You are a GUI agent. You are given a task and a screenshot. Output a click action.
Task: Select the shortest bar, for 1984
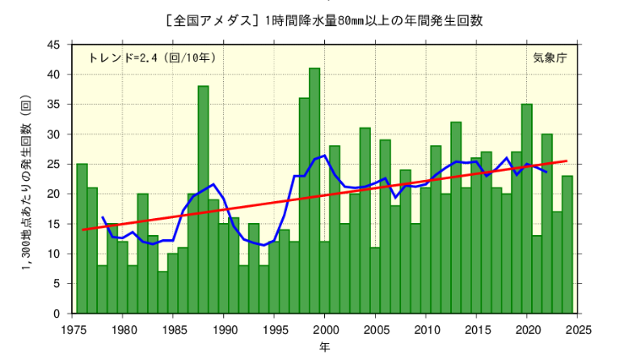pos(163,292)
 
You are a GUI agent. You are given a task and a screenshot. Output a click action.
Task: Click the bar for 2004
pos(365,221)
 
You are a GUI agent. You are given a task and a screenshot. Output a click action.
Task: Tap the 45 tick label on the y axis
pos(53,45)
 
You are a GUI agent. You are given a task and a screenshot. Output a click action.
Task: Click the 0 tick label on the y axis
pos(57,314)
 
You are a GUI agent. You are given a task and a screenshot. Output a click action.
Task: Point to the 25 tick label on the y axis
pos(53,164)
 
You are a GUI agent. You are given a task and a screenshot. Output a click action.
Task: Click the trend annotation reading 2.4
pos(142,58)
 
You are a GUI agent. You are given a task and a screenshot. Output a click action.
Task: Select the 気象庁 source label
pos(550,58)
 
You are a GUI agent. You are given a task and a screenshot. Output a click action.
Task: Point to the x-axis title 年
pos(325,346)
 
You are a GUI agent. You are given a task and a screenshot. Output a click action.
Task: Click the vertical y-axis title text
pos(26,177)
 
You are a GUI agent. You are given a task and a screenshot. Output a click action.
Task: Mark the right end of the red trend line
pos(567,161)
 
